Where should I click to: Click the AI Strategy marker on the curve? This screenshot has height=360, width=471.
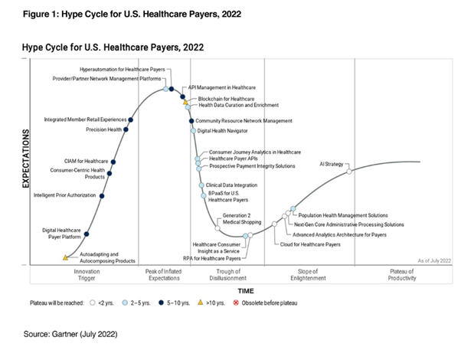click(349, 172)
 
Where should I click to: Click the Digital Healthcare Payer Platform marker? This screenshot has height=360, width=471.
click(86, 234)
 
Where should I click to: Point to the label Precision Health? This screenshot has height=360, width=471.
click(103, 129)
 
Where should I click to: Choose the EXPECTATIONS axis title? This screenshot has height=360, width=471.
click(25, 159)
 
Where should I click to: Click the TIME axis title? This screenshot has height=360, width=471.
click(245, 291)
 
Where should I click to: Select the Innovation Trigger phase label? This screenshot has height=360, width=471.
click(86, 274)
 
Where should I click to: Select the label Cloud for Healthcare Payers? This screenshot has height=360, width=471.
click(310, 244)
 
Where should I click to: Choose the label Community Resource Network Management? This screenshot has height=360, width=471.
click(244, 121)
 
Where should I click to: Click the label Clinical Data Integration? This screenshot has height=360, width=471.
click(232, 185)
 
